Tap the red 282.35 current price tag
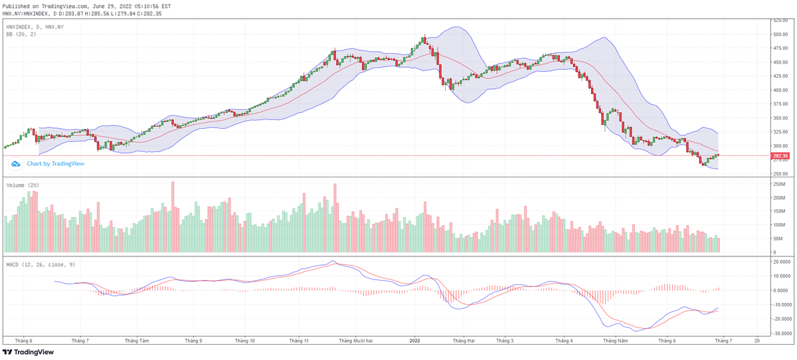[780, 156]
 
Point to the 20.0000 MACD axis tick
[781, 262]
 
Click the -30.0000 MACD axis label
[781, 333]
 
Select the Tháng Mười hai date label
[355, 340]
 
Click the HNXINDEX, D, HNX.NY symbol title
[35, 27]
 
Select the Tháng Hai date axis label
[464, 340]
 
